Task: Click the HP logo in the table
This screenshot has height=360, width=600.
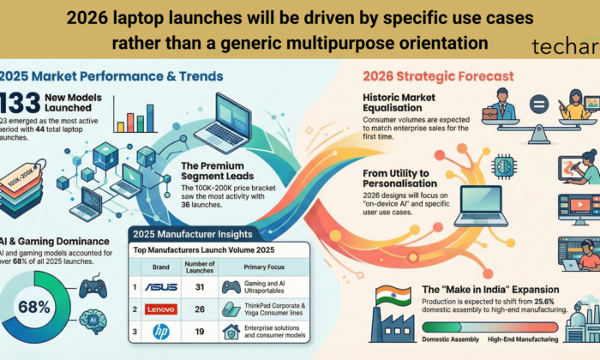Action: [x=161, y=331]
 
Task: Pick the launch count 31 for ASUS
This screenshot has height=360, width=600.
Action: [x=199, y=286]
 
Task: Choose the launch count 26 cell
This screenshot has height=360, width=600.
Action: [x=199, y=309]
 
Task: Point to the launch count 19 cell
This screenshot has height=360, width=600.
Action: [x=199, y=331]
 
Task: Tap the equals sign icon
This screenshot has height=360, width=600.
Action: [x=539, y=106]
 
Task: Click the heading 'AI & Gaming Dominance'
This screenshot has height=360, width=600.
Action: [x=51, y=243]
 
